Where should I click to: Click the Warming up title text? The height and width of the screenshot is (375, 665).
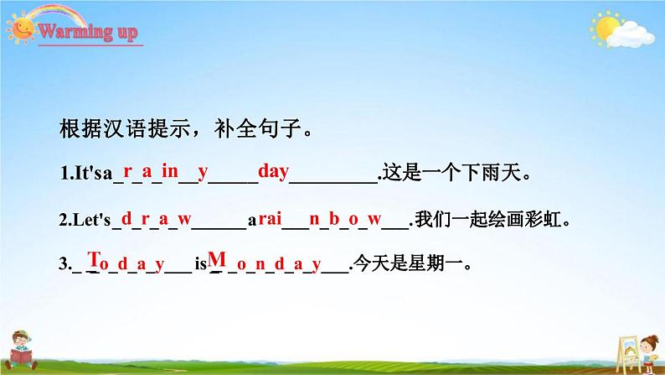88,31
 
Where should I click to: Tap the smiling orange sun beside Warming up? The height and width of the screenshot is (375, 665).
21,29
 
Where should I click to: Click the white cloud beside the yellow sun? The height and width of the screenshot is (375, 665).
630,34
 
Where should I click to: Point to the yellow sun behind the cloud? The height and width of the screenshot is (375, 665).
606,27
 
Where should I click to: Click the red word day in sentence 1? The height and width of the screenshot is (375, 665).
274,172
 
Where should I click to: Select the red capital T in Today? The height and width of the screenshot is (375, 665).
93,258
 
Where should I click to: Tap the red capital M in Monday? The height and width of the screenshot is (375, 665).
217,258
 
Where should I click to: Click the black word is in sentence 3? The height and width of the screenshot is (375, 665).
201,264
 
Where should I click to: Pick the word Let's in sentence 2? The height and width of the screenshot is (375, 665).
91,220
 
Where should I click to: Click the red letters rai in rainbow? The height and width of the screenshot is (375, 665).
270,218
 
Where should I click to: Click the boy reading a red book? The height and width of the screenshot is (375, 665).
21,351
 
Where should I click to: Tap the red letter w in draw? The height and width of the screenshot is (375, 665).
184,219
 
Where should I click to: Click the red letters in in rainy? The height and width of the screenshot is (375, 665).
170,171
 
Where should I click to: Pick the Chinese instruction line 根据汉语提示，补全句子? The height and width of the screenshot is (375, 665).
186,128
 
